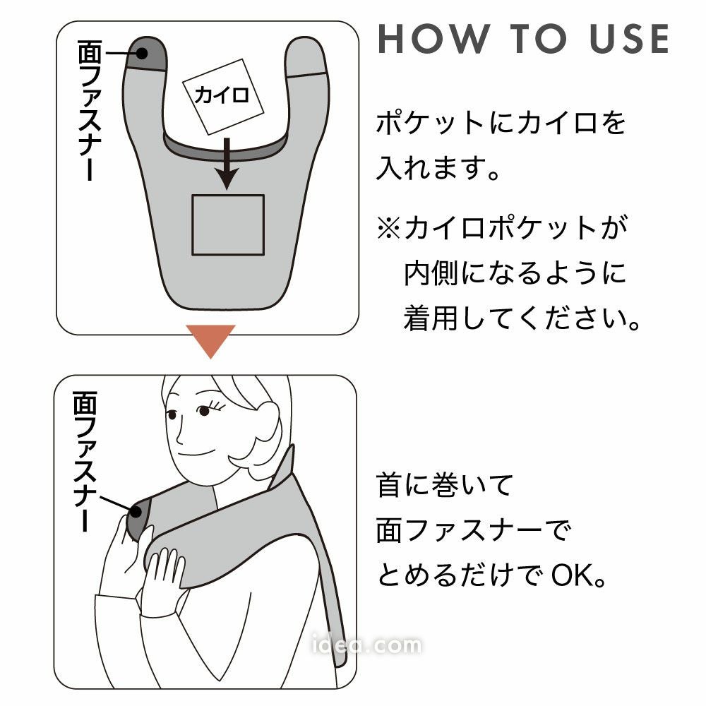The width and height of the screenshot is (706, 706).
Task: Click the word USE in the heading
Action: [630, 39]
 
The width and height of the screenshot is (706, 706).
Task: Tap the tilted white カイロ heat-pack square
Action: [222, 96]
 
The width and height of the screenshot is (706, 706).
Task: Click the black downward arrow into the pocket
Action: [227, 164]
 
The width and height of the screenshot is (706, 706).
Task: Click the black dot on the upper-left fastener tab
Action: [142, 54]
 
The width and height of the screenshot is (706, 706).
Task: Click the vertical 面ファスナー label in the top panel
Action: [90, 110]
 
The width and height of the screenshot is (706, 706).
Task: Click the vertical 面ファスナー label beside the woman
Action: [85, 461]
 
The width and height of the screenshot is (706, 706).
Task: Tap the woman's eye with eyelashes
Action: [205, 409]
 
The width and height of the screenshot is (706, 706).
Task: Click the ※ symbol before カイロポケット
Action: [388, 227]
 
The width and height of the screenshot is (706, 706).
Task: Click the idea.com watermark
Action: [366, 645]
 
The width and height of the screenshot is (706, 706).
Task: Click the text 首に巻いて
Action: [445, 485]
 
